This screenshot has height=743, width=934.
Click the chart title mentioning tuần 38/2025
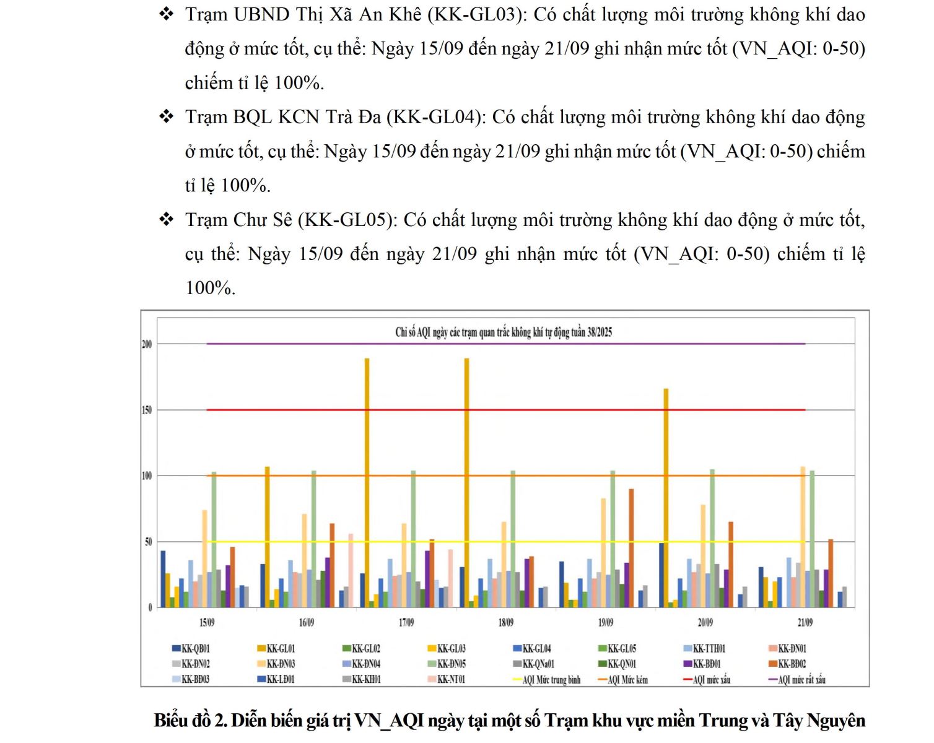pyautogui.click(x=503, y=332)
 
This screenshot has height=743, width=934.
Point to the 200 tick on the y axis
pyautogui.click(x=147, y=344)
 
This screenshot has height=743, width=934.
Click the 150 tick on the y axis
pyautogui.click(x=147, y=410)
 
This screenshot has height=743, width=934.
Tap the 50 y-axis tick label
pyautogui.click(x=148, y=542)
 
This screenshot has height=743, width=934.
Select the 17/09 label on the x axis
pyautogui.click(x=406, y=622)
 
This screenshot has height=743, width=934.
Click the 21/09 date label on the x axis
pyautogui.click(x=805, y=622)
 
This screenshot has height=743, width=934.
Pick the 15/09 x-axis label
pyautogui.click(x=207, y=622)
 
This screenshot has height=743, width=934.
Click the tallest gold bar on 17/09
pyautogui.click(x=367, y=483)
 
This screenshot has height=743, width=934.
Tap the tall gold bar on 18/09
pyautogui.click(x=466, y=483)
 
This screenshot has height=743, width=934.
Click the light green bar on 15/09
pyautogui.click(x=214, y=539)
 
